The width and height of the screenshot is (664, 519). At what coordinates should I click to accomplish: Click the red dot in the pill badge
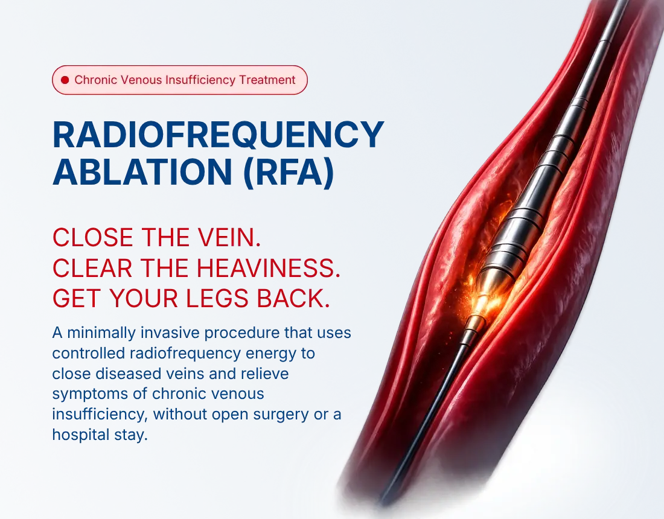pyautogui.click(x=65, y=80)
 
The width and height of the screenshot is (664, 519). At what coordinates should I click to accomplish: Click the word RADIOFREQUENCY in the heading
pyautogui.click(x=218, y=135)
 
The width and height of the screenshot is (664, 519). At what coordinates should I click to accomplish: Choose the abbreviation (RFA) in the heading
pyautogui.click(x=289, y=172)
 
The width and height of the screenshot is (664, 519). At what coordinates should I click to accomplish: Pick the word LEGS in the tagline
pyautogui.click(x=217, y=299)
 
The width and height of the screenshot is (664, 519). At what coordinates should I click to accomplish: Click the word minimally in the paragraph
pyautogui.click(x=101, y=333)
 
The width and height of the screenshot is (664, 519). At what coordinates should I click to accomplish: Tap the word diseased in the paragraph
pyautogui.click(x=127, y=374)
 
